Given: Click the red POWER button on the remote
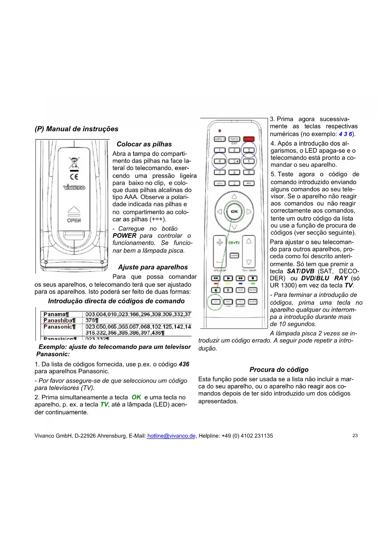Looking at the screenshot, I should (249, 139).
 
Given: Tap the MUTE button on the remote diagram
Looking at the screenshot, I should (234, 255).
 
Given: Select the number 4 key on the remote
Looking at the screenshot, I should (220, 161).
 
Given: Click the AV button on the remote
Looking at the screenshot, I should (249, 183).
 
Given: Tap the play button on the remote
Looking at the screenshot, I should (228, 278).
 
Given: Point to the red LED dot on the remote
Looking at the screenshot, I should (220, 131).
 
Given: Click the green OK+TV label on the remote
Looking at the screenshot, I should (234, 243).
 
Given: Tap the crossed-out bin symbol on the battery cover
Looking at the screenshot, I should (74, 162).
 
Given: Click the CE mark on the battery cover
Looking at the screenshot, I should (74, 177).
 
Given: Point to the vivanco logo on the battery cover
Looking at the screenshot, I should (74, 187).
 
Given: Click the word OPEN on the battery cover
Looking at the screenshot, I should (74, 220).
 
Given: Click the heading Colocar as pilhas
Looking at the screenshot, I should (144, 144).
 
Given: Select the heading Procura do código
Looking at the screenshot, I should (279, 370).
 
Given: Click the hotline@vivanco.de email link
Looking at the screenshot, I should (171, 436).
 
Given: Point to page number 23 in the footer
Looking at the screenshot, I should (355, 436).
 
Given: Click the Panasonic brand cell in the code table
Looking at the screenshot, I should (60, 327).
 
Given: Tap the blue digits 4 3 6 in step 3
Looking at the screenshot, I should (345, 134).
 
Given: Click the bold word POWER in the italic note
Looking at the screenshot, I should (124, 236).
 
